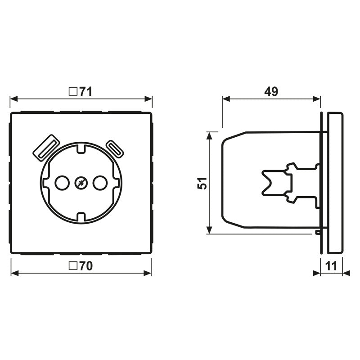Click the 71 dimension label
tap(85, 91)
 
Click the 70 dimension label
tap(85, 266)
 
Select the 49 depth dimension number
tap(271, 91)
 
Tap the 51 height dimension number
tap(203, 183)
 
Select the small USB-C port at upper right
tap(115, 149)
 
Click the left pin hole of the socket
tap(60, 183)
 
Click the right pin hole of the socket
tap(99, 183)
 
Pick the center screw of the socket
tap(80, 183)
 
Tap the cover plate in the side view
tap(334, 183)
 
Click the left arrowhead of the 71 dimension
tap(13, 98)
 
